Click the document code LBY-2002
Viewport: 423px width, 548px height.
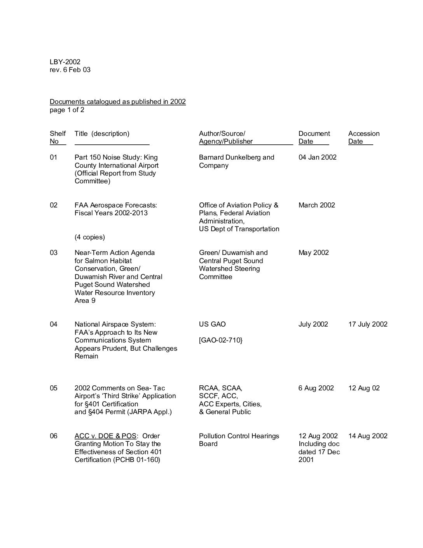click(65, 62)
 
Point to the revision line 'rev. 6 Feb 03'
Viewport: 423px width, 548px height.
click(70, 70)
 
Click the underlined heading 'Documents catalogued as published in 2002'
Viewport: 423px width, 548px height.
click(117, 102)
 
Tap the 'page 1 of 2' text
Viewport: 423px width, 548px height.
click(67, 110)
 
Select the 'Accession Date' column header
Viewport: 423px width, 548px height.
click(364, 137)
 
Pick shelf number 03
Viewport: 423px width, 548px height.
click(54, 253)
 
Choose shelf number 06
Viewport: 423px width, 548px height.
click(54, 436)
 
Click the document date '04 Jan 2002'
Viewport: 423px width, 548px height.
click(317, 157)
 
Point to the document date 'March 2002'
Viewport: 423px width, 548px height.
click(316, 205)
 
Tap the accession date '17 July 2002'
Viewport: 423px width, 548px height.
click(368, 324)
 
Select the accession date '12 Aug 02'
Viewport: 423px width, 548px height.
click(364, 388)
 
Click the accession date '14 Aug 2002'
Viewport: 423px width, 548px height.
click(368, 436)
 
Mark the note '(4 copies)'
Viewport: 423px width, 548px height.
click(90, 237)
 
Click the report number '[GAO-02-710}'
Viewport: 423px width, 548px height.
click(220, 340)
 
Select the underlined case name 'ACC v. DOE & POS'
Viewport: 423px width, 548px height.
click(105, 436)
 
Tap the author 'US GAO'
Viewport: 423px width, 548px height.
click(212, 324)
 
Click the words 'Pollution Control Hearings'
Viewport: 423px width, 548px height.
click(239, 436)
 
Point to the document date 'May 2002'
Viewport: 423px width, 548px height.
click(313, 253)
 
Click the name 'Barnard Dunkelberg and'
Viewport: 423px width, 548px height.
click(236, 157)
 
